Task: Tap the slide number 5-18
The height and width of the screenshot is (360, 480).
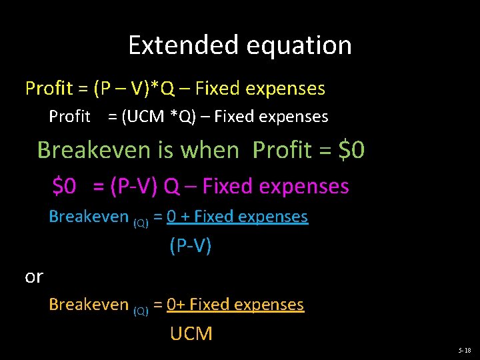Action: (x=464, y=350)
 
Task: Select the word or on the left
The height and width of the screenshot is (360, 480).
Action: (x=33, y=276)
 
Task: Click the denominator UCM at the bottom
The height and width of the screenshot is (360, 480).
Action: (x=191, y=333)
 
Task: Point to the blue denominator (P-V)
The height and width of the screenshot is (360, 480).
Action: (x=191, y=246)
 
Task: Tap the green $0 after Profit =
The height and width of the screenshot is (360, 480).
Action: (x=351, y=150)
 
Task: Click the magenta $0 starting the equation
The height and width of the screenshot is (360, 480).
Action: (x=65, y=186)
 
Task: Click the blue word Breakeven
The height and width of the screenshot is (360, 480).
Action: (x=89, y=217)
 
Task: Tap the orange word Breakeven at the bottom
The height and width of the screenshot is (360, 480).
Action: (x=89, y=305)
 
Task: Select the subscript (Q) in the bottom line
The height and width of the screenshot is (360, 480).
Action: (x=141, y=311)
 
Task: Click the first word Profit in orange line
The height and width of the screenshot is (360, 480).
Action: (x=49, y=88)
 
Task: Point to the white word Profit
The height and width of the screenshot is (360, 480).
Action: (x=69, y=117)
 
